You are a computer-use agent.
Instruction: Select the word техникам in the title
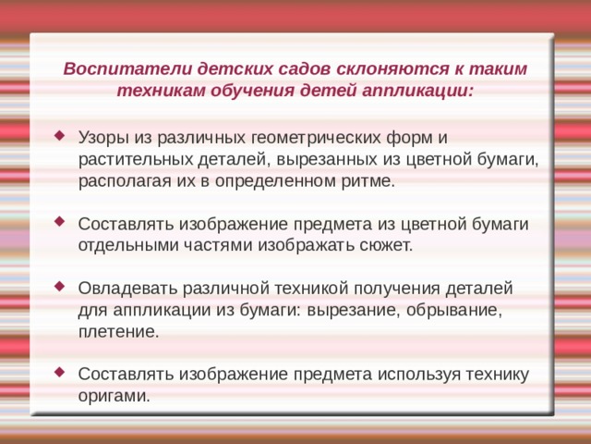[156, 92]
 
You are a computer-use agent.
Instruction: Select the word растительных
[136, 159]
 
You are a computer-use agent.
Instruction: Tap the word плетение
[118, 330]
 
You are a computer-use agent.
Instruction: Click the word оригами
[114, 395]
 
